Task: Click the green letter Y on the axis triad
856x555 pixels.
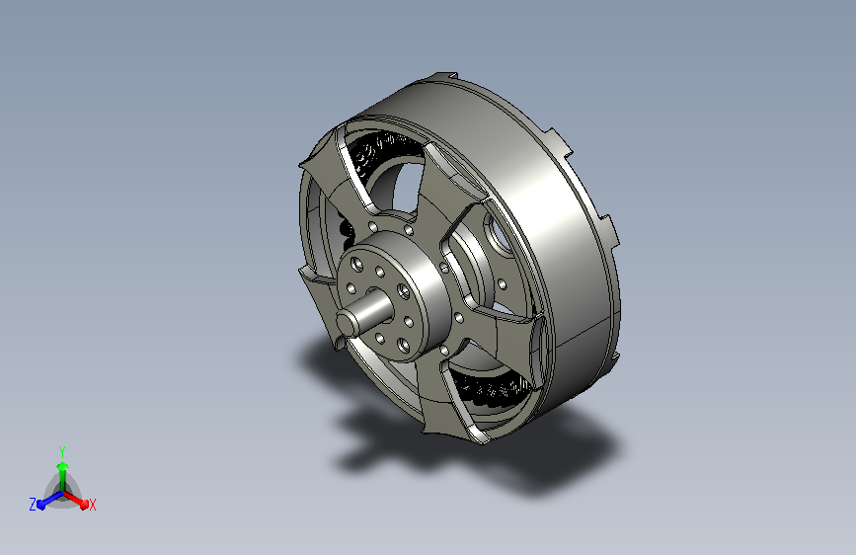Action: coord(62,452)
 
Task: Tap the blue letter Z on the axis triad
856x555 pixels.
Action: coord(33,505)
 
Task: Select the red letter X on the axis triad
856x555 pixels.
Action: coord(92,505)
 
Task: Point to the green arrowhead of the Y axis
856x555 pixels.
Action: coord(63,467)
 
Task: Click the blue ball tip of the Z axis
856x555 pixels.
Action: coord(41,506)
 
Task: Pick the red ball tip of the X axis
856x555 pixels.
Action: coord(84,505)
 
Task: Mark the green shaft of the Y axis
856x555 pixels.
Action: coord(63,481)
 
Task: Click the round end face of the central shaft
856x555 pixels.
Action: coord(346,323)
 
